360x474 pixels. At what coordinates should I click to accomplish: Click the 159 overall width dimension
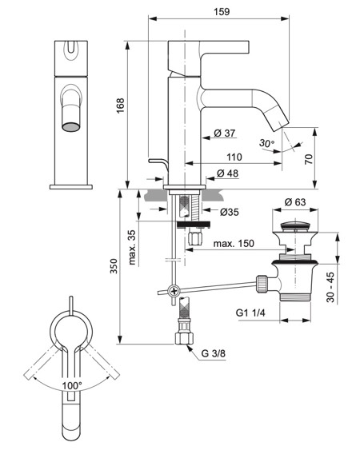[222, 12]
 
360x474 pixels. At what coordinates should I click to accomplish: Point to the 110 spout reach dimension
[234, 157]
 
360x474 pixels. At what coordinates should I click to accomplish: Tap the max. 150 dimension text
[234, 242]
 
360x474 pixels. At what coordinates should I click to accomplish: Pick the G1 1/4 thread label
[250, 314]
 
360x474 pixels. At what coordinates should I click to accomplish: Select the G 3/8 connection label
[212, 352]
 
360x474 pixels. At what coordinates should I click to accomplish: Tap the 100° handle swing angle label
[73, 385]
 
